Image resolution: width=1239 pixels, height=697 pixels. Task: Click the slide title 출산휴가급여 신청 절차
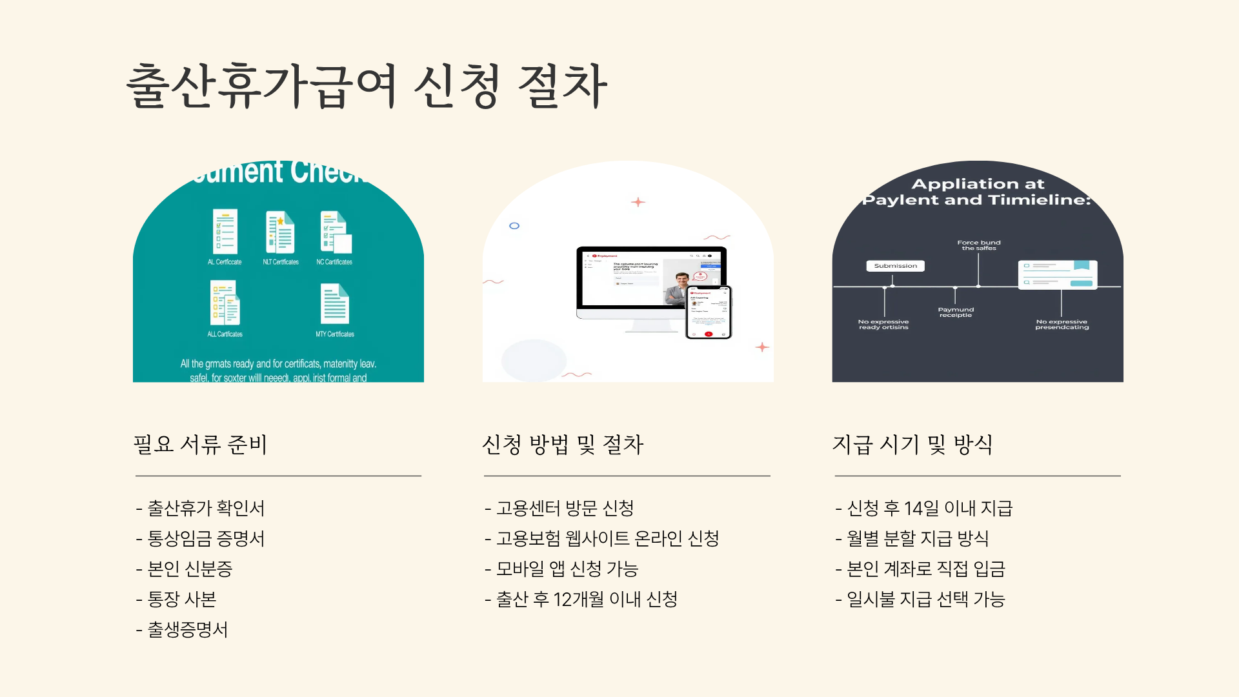[367, 86]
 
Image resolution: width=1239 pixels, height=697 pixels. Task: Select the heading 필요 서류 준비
[200, 444]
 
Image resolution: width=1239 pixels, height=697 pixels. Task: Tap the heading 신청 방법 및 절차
[563, 444]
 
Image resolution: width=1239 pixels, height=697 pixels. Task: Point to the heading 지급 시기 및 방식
[912, 444]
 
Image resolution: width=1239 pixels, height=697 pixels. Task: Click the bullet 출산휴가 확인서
[206, 509]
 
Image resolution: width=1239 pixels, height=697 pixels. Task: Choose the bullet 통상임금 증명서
[206, 539]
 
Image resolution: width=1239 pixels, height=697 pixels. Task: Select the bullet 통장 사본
[182, 600]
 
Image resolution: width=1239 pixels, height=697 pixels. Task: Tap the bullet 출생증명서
[188, 630]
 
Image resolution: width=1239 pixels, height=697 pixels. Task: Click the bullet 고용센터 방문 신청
[565, 509]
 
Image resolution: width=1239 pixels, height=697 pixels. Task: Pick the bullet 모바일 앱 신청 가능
[567, 569]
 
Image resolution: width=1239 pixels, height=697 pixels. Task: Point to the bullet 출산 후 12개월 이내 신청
[587, 600]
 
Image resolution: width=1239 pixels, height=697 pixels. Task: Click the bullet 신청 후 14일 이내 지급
[929, 509]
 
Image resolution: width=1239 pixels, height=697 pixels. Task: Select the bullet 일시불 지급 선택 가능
[926, 600]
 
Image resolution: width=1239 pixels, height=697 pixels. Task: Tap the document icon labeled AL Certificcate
[225, 232]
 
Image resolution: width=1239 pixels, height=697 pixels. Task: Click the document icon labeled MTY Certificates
[335, 304]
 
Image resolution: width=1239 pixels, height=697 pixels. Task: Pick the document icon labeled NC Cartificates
[336, 232]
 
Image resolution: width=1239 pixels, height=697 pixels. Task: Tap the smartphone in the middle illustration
[708, 312]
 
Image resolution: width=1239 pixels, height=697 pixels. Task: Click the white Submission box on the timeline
[895, 266]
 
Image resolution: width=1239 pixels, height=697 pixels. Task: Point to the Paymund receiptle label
[956, 312]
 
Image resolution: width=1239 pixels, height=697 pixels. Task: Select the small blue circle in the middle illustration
[514, 226]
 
